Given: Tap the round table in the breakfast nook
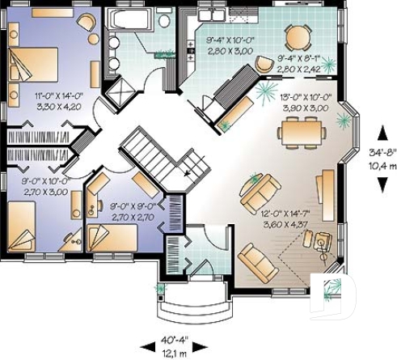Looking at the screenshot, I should pos(297,36).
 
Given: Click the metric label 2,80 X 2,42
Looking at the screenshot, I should pos(298,69).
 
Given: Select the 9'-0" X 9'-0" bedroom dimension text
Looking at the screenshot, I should pos(132,206).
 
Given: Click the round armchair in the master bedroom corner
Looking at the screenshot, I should pos(85,23).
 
